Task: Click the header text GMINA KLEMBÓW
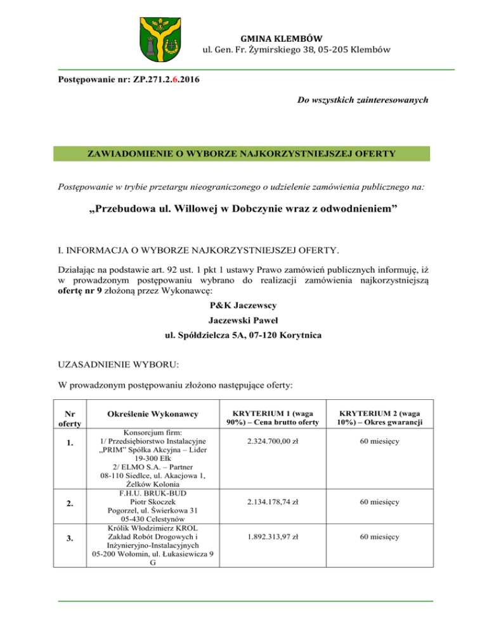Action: coord(295,37)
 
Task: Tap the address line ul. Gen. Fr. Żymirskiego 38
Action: coord(295,49)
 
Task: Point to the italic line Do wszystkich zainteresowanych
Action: coord(362,100)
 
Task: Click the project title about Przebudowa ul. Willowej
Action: coord(243,210)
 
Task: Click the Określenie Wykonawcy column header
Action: coord(151,415)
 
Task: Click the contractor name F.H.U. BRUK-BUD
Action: coord(151,489)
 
